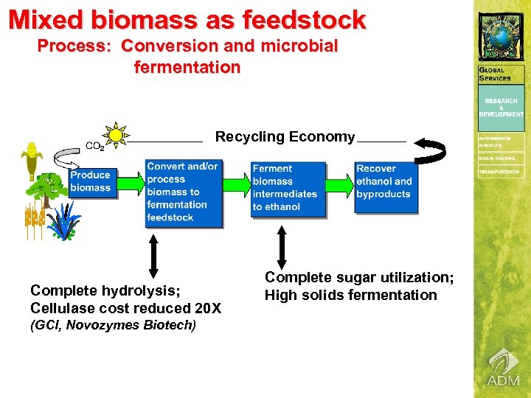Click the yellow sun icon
(115, 135)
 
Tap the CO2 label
(94, 146)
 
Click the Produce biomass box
(91, 181)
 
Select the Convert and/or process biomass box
(184, 192)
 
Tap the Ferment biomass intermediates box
(287, 188)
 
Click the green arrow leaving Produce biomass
(130, 181)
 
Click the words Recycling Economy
(285, 137)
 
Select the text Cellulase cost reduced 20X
(125, 308)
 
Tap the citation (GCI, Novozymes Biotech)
(113, 325)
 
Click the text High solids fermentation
(351, 296)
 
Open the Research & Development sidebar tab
(502, 107)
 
